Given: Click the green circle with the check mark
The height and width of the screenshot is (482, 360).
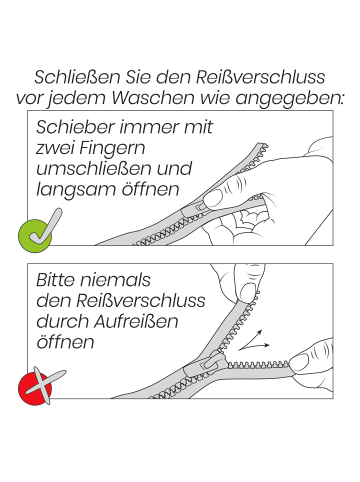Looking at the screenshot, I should [x=36, y=231].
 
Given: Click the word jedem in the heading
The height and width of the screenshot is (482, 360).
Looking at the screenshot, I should [x=103, y=99].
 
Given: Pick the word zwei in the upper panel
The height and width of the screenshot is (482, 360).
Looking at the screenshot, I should [x=55, y=149].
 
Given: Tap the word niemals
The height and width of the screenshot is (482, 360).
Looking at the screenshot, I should [x=123, y=281].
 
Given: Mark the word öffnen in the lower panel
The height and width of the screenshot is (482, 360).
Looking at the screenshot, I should [x=64, y=342].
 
